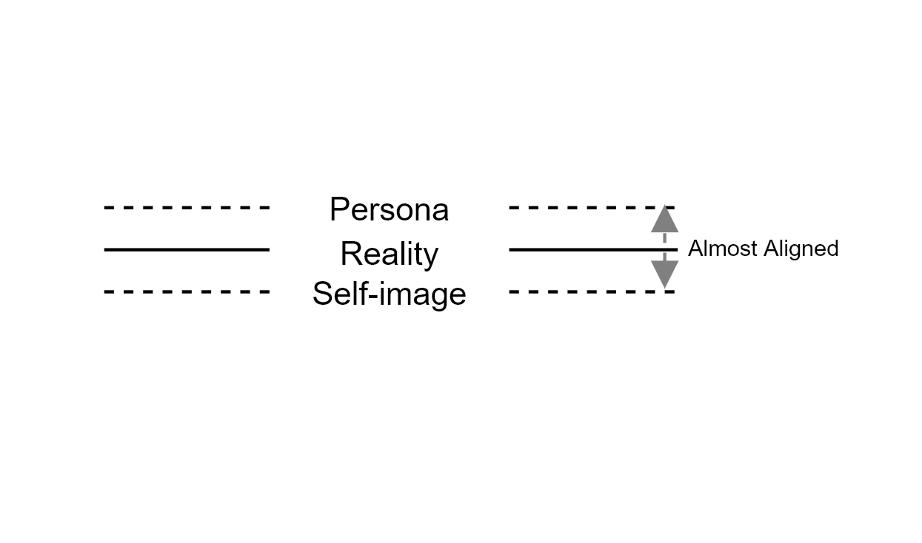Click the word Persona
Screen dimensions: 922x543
pos(389,209)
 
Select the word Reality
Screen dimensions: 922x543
pos(390,254)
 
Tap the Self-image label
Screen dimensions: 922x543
pos(389,294)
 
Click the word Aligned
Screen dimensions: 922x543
pos(801,249)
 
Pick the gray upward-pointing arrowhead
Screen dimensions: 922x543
pos(664,219)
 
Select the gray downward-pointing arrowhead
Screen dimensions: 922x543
pos(664,274)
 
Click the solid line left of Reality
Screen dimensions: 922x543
pos(187,249)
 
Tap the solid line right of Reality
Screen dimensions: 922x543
pos(593,249)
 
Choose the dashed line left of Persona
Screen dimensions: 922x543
pos(187,208)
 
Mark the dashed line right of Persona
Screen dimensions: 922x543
pos(592,208)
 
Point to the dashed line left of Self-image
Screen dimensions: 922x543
pos(187,292)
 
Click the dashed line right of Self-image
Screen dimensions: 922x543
pos(592,292)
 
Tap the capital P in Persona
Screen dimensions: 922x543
pos(339,209)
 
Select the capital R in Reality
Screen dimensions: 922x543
pos(351,253)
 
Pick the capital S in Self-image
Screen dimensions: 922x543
pos(323,293)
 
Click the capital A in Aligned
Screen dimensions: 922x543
pos(772,248)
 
